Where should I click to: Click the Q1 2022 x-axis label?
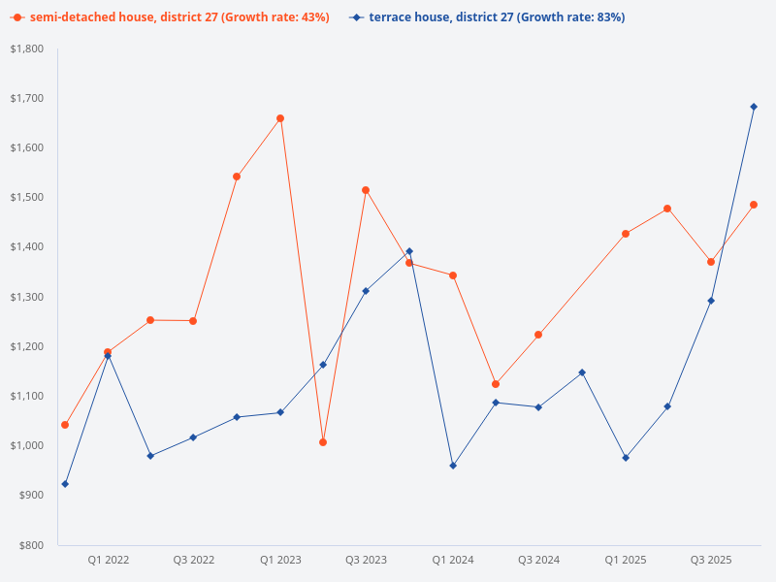pos(108,560)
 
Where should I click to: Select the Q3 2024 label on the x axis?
pos(538,560)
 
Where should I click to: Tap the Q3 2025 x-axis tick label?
pos(711,560)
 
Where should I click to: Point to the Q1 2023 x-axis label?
pos(280,560)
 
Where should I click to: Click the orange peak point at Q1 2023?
pos(280,118)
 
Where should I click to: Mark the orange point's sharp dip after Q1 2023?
pos(323,442)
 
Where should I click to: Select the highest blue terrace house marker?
pos(754,107)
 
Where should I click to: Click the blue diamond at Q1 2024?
pos(453,466)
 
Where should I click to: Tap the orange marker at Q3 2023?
pos(366,190)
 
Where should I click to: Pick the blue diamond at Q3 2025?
pos(711,301)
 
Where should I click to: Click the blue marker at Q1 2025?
pos(626,458)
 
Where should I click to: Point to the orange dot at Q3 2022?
pos(193,321)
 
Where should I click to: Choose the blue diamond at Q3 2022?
pos(193,437)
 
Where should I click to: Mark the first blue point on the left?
pos(65,484)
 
